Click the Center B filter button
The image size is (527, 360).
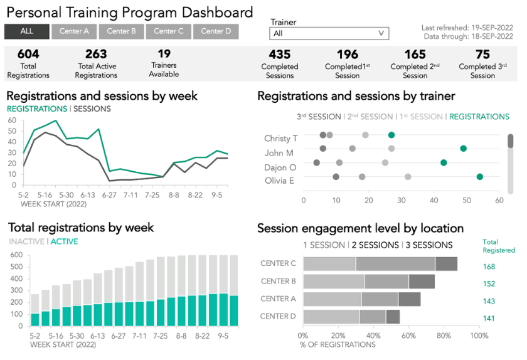point(122,31)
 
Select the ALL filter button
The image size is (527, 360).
point(27,31)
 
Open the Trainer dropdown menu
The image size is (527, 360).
point(329,34)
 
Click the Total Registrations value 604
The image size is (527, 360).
point(28,55)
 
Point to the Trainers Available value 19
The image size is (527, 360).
point(164,54)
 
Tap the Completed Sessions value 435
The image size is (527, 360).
point(280,55)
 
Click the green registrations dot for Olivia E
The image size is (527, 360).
point(480,177)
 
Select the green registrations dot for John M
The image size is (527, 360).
point(464,149)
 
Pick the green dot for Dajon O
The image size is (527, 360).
point(444,162)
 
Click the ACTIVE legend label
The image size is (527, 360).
point(65,241)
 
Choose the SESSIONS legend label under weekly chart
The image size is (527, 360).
point(92,109)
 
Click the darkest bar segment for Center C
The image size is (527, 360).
point(446,264)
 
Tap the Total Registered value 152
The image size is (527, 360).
point(489,283)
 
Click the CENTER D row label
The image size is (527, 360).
point(278,317)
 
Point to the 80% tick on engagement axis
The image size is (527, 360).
point(444,335)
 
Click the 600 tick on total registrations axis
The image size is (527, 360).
point(17,255)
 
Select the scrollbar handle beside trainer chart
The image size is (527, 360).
point(511,141)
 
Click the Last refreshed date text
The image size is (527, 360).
point(467,28)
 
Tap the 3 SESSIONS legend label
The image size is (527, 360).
point(429,245)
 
